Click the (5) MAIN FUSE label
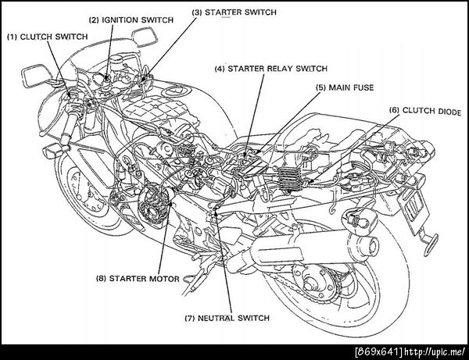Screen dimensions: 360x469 coord(345,89)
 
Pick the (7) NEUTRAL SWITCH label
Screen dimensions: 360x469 coord(227,318)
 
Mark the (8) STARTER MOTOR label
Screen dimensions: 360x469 coord(138,278)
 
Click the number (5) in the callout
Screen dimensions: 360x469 coord(321,89)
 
